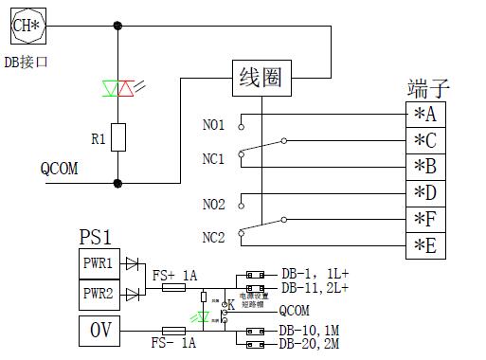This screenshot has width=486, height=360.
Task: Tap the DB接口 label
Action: pyautogui.click(x=26, y=63)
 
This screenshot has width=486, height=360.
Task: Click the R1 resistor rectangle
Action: pyautogui.click(x=118, y=138)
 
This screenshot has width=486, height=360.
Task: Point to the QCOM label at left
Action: pyautogui.click(x=59, y=169)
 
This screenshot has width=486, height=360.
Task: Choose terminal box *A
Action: pyautogui.click(x=425, y=114)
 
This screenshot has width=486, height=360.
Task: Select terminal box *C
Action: pyautogui.click(x=425, y=140)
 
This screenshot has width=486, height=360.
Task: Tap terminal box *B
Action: pyautogui.click(x=425, y=167)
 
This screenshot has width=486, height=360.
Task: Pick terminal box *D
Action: pyautogui.click(x=425, y=193)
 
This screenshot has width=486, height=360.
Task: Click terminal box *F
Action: pyautogui.click(x=425, y=220)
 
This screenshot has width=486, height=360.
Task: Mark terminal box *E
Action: pyautogui.click(x=425, y=246)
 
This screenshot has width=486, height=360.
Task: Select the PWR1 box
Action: pyautogui.click(x=99, y=262)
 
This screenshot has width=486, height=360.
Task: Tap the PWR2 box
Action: pyautogui.click(x=99, y=294)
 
